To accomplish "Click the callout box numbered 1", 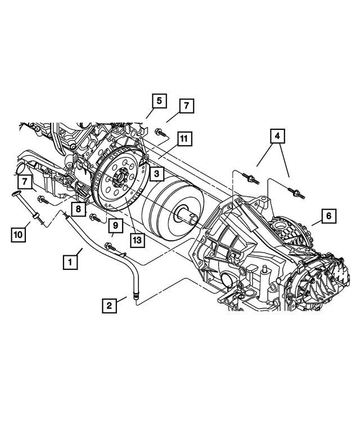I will [70, 262].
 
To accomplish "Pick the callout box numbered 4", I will [276, 136].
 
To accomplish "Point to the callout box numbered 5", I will [159, 101].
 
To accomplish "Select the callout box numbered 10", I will [18, 233].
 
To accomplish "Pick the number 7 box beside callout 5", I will [186, 106].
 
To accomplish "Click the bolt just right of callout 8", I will [94, 217].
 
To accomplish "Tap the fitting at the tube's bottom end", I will [134, 293].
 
